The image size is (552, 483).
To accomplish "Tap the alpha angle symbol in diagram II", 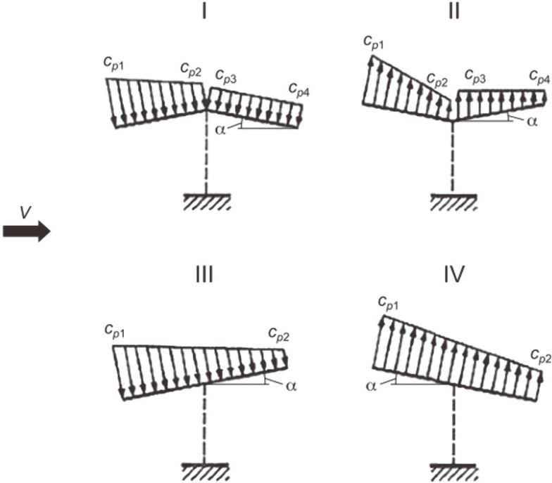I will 532,121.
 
